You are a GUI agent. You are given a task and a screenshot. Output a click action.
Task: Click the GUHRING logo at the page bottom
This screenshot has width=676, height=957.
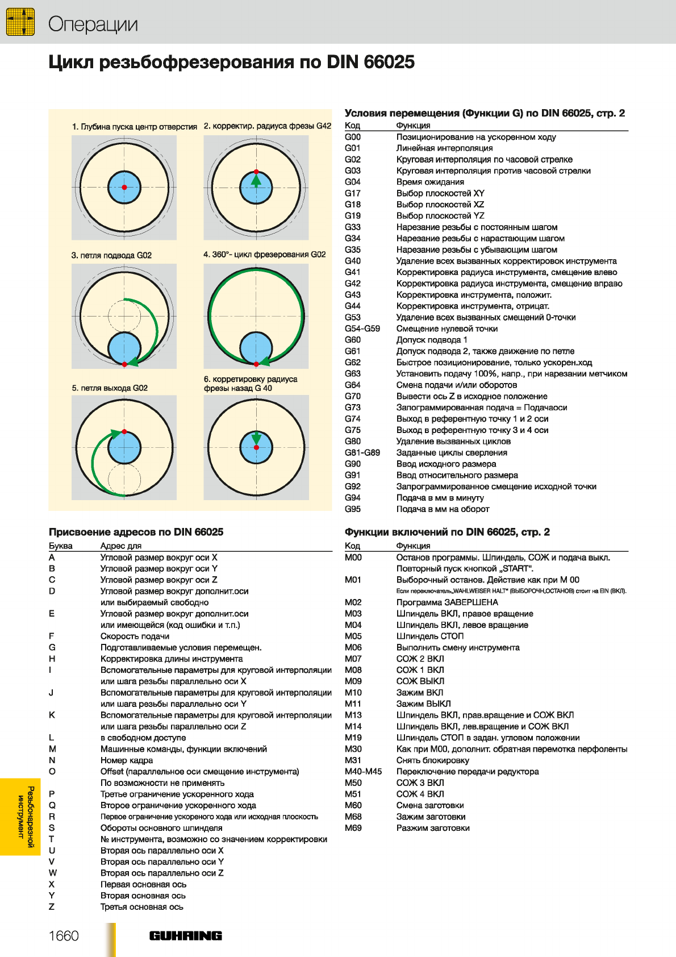point(185,935)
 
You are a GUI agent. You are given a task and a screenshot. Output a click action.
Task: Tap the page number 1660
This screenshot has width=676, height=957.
point(64,935)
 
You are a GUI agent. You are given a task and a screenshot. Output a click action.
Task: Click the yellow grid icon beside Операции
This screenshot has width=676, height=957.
point(20,22)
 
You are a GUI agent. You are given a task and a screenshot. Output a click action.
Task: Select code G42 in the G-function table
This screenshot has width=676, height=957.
point(353,283)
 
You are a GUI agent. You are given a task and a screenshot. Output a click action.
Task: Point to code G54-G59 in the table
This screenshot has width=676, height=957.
point(362,328)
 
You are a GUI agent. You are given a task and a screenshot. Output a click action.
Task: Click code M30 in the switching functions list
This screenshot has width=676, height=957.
point(353,749)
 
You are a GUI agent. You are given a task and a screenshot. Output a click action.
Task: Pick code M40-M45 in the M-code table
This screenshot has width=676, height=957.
point(364,772)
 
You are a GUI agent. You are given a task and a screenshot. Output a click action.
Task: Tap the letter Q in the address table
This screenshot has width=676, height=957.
point(52,805)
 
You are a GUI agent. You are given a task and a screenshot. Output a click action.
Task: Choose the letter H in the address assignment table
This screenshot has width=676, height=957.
point(52,659)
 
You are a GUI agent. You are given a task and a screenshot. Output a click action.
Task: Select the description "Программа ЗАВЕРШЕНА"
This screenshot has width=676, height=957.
point(447,602)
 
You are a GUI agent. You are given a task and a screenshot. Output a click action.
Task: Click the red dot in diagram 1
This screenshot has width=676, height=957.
point(124,187)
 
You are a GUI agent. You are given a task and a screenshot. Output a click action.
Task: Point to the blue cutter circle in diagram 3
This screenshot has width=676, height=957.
point(124,348)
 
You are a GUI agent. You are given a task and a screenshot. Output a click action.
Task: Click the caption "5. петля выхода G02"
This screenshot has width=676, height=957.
point(110,388)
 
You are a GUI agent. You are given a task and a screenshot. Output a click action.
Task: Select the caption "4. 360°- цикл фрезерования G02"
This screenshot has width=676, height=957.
point(264,255)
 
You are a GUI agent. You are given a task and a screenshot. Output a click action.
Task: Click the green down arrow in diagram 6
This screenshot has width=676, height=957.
point(256,438)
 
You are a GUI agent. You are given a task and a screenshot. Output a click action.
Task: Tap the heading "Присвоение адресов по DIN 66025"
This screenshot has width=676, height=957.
point(136,532)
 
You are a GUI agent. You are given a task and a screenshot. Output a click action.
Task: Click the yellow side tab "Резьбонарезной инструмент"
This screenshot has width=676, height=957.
point(20,817)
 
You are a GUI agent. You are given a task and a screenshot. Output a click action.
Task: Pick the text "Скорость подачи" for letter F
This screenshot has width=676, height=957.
point(135,636)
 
